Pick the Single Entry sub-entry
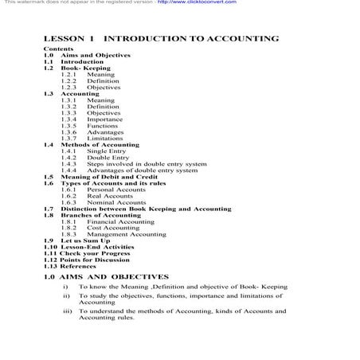pyautogui.click(x=108, y=151)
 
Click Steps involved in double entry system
pyautogui.click(x=147, y=164)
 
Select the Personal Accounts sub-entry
pyautogui.click(x=116, y=190)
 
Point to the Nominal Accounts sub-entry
pyautogui.click(x=117, y=202)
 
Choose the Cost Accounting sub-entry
pyautogui.click(x=113, y=228)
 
